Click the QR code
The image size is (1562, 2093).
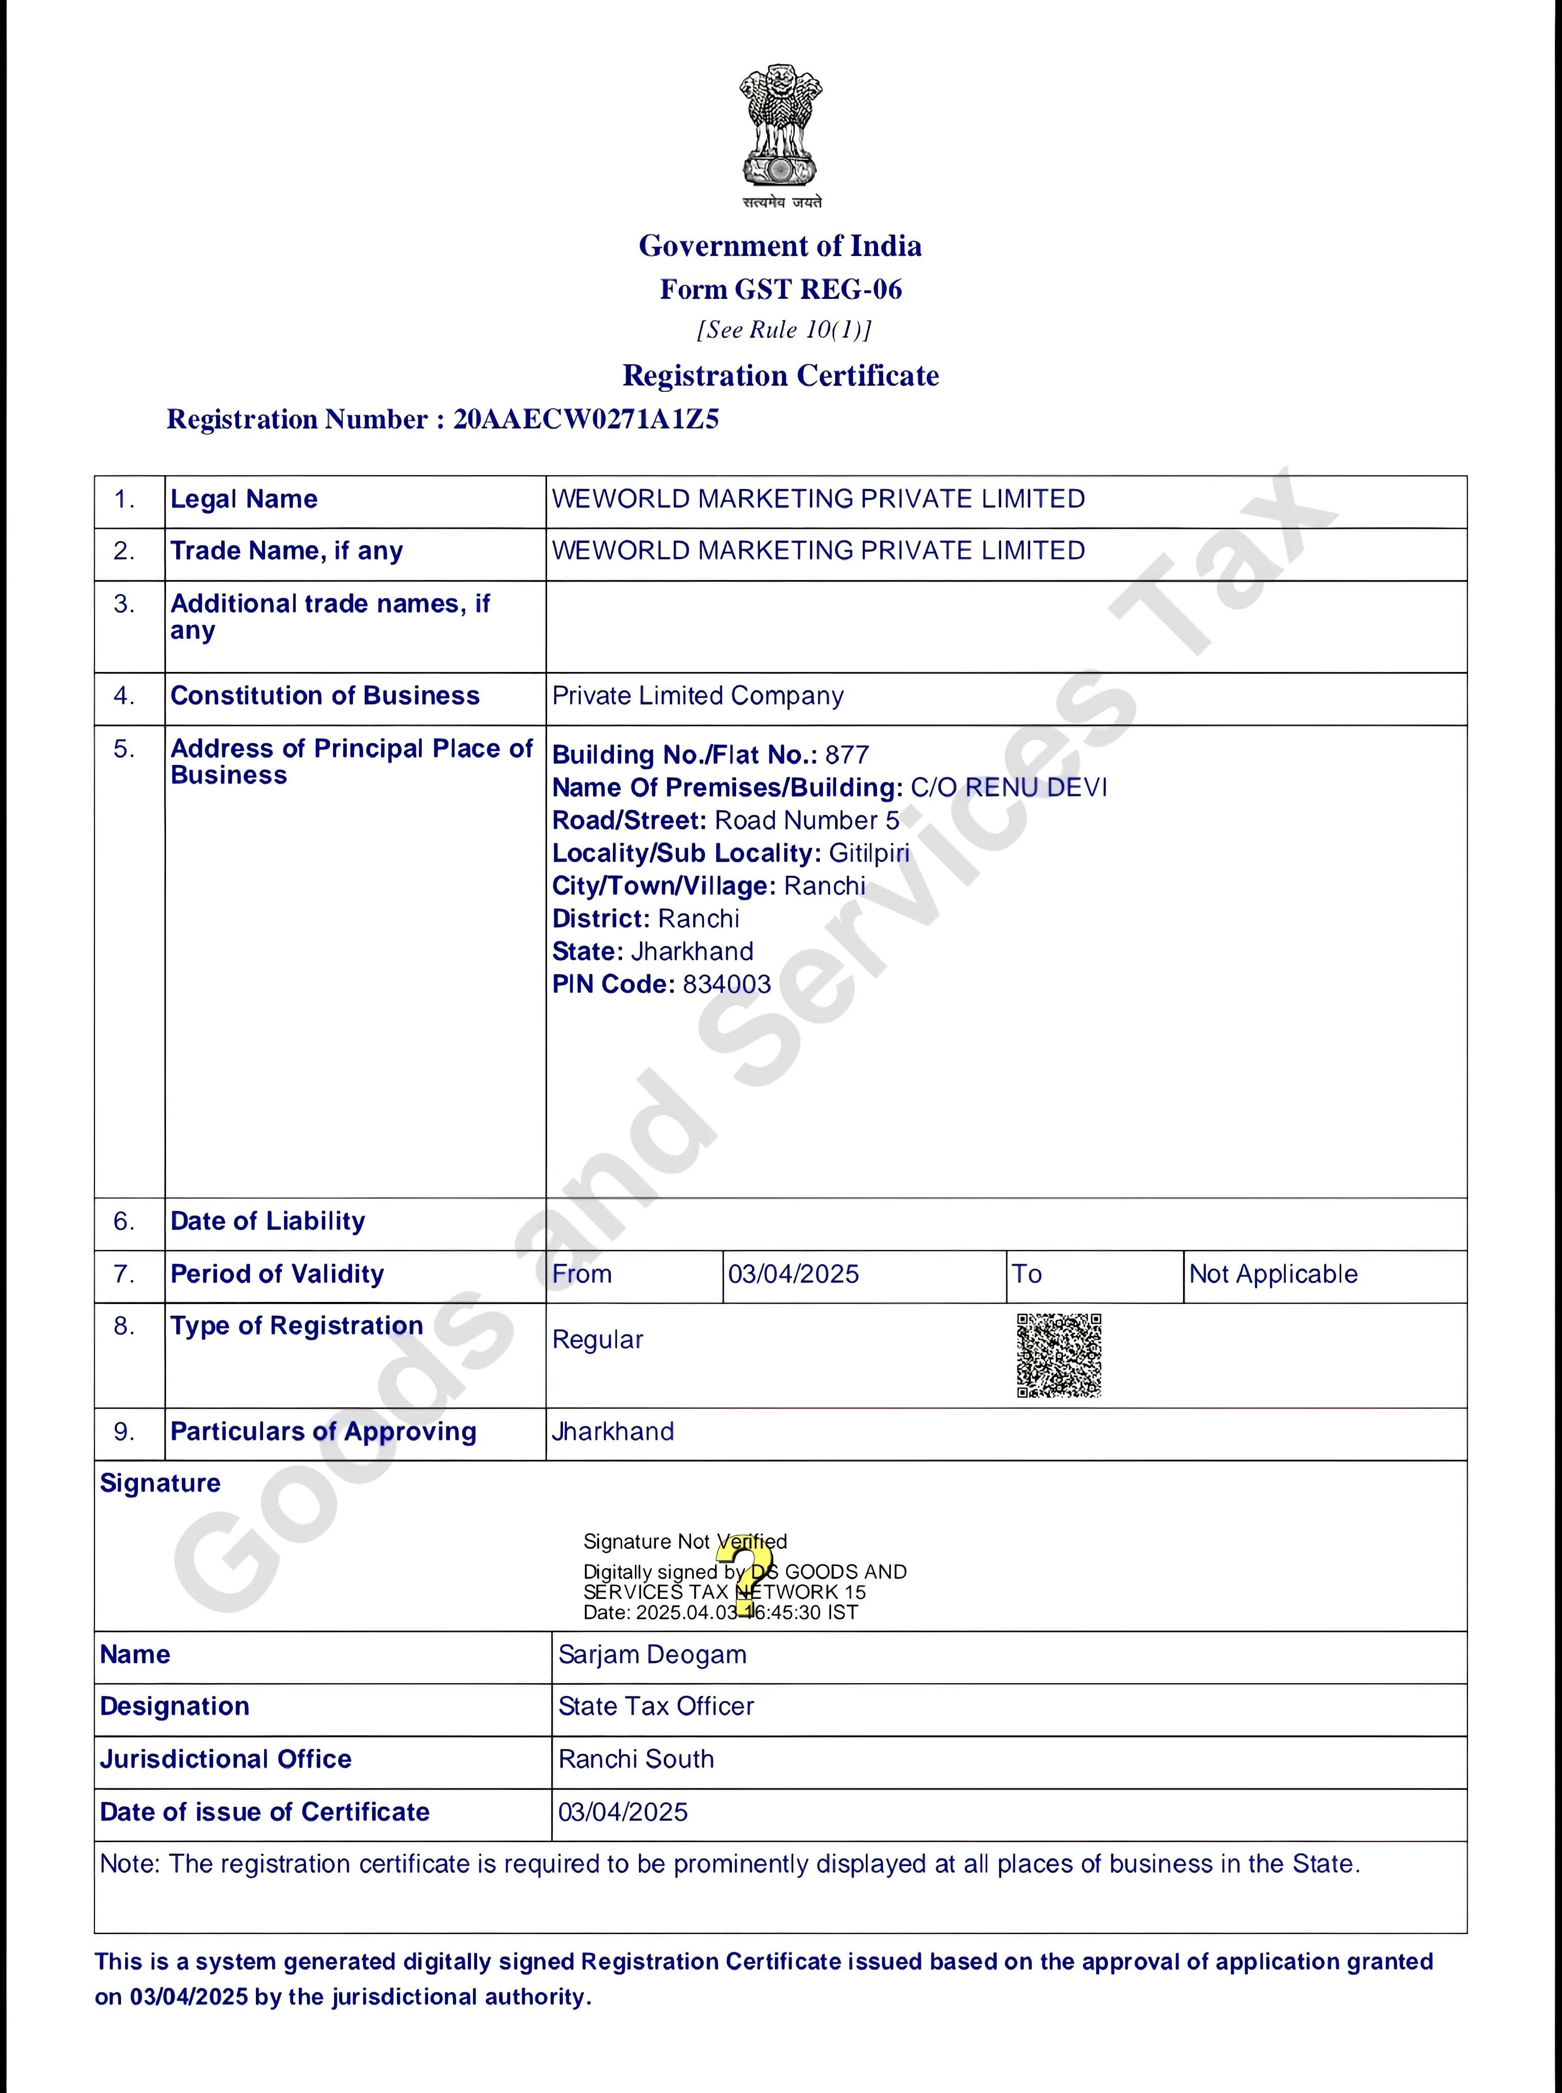1059,1354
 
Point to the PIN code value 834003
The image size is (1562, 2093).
726,985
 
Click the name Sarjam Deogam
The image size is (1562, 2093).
652,1654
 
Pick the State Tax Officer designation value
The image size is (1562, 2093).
656,1706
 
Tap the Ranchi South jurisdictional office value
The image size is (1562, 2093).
636,1759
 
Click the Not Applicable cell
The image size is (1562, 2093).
1273,1274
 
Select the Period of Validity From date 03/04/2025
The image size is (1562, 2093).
793,1274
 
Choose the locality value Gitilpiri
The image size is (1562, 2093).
869,853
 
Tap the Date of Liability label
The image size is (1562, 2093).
268,1221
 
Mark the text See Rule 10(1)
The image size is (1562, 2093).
784,330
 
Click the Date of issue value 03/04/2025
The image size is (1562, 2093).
623,1812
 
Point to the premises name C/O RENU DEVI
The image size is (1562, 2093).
1008,788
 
